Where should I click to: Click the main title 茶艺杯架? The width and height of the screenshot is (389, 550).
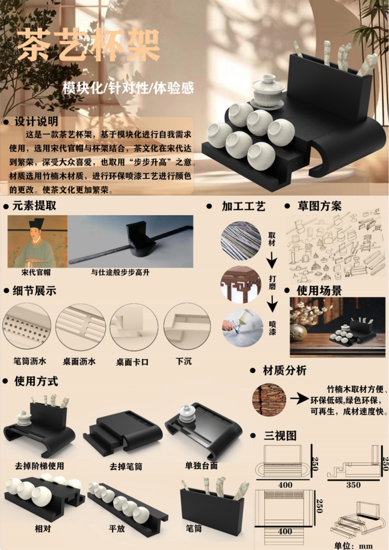tap(88, 45)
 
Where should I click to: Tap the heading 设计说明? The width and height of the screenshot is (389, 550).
tap(36, 121)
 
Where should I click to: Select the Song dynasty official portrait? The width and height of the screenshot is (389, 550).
tap(37, 241)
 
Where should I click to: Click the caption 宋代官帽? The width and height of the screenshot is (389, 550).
tap(36, 272)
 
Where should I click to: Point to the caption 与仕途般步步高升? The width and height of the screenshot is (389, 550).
tap(120, 272)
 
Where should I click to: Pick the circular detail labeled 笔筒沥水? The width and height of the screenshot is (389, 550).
tap(27, 326)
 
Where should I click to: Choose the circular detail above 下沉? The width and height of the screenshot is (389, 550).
tap(187, 326)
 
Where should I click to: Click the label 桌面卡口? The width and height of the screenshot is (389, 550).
tap(132, 362)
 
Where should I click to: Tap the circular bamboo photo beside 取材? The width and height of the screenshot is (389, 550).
tap(241, 240)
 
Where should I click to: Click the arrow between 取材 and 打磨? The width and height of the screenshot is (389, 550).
tap(272, 261)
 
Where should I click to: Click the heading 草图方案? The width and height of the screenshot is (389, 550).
tap(320, 206)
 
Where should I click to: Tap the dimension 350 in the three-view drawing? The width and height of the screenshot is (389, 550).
tap(353, 485)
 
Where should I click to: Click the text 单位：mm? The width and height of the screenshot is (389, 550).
tap(354, 546)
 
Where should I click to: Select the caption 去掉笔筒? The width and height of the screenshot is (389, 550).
tap(126, 467)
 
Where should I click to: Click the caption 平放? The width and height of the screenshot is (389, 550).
tap(117, 528)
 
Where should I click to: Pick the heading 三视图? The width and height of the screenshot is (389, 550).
tap(280, 436)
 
